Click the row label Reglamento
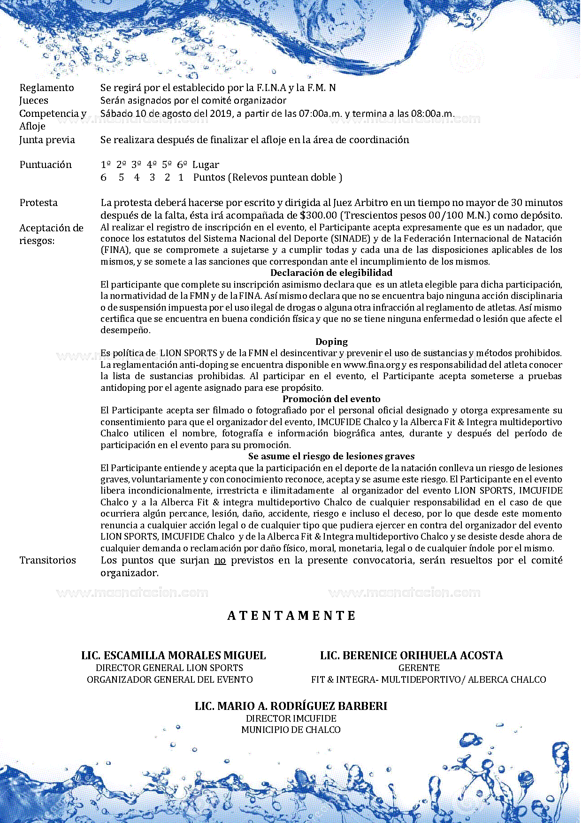click(x=46, y=88)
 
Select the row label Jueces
click(x=34, y=100)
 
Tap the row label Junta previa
click(x=47, y=140)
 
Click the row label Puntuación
click(x=46, y=165)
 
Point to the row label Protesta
click(x=38, y=203)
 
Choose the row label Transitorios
click(x=47, y=560)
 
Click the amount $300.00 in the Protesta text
click(x=318, y=216)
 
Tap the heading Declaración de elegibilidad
click(x=331, y=273)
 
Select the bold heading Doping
click(x=331, y=342)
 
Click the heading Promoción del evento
click(x=331, y=399)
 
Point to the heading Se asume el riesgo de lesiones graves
click(x=331, y=457)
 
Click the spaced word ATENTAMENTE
click(x=291, y=616)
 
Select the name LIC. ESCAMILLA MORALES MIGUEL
click(x=174, y=655)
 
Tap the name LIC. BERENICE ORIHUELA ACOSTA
click(x=411, y=655)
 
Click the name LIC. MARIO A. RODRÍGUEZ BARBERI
click(x=291, y=706)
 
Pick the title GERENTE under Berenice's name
click(x=419, y=668)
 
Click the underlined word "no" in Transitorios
click(x=220, y=560)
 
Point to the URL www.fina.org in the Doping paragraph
click(x=372, y=365)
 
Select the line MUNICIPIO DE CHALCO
click(x=291, y=730)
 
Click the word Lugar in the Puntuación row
click(x=206, y=165)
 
